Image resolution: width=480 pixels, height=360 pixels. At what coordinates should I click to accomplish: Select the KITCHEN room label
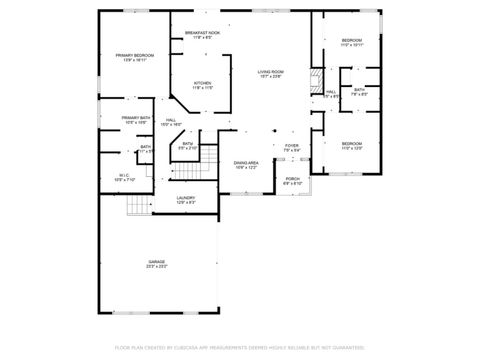[202, 83]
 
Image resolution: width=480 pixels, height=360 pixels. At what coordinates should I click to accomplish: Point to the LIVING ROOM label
[270, 72]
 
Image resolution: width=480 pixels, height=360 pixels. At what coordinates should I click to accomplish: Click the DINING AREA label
[246, 162]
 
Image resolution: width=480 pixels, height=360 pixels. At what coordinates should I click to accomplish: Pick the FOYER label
[291, 146]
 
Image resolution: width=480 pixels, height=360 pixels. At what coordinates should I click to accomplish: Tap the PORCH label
[292, 179]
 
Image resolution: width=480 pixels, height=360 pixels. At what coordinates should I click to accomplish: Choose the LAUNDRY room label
[186, 198]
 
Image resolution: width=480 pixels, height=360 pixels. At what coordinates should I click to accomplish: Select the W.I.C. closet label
[124, 175]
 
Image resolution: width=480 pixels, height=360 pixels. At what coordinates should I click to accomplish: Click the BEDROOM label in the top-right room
[351, 41]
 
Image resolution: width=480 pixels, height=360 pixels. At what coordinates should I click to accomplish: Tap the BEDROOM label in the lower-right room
[351, 144]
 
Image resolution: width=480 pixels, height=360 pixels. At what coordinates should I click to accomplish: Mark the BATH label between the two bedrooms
[359, 90]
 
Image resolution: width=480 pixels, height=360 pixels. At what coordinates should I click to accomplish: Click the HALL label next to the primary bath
[172, 120]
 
